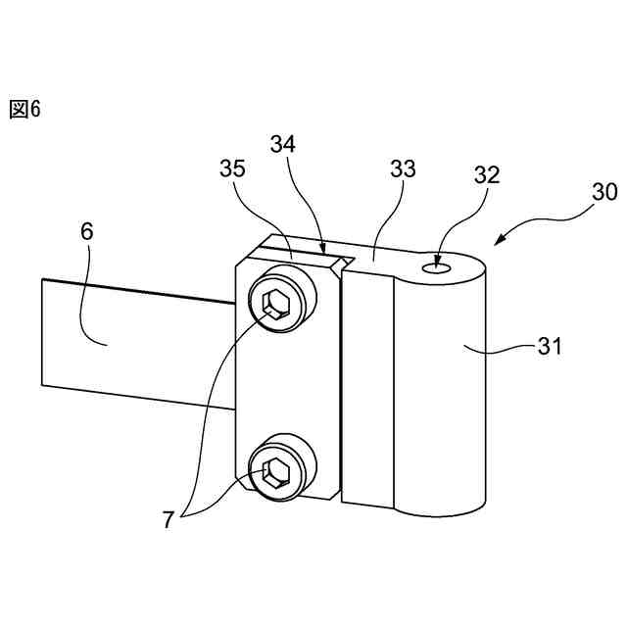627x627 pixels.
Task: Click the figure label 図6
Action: click(x=24, y=109)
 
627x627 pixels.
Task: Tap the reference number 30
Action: click(x=603, y=192)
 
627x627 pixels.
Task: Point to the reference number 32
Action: click(x=486, y=175)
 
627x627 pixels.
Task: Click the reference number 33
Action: click(x=403, y=169)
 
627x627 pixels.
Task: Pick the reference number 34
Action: click(x=283, y=144)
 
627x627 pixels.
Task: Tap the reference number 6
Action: click(x=86, y=232)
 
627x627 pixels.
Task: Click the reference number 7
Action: click(x=168, y=520)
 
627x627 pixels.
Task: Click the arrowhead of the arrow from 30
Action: click(x=498, y=243)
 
